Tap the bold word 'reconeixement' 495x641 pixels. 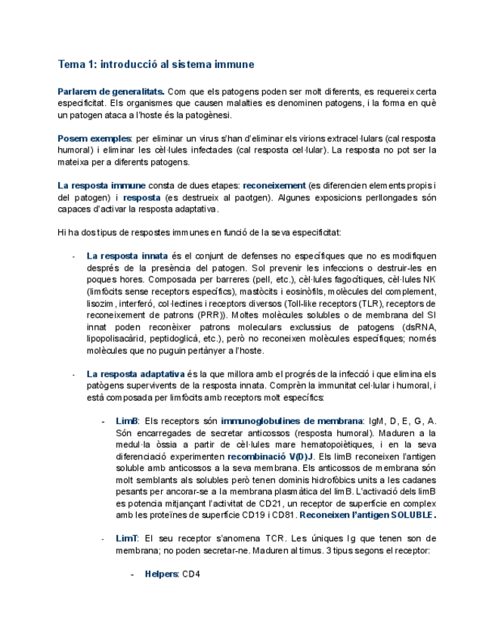(x=274, y=185)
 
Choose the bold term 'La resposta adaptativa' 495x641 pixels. (x=136, y=373)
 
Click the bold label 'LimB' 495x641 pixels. (x=128, y=421)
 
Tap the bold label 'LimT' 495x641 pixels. (x=127, y=538)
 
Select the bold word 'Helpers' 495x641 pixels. (x=162, y=574)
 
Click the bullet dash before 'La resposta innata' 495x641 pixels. (x=72, y=256)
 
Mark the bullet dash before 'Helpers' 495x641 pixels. (x=132, y=574)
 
